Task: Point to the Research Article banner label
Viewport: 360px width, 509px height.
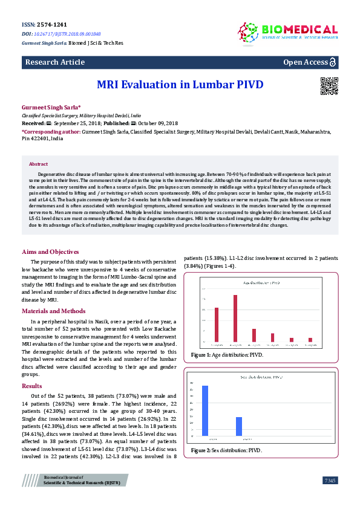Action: [x=54, y=62]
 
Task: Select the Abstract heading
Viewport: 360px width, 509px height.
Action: [x=39, y=164]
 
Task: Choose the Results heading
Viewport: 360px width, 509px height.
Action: [x=32, y=385]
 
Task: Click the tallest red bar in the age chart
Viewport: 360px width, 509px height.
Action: [x=235, y=318]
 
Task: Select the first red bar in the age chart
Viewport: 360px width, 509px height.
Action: [x=217, y=325]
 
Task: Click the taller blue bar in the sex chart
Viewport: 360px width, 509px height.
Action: [x=205, y=410]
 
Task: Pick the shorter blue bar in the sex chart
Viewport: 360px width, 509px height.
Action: [x=239, y=426]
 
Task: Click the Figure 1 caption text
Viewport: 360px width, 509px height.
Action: [x=227, y=355]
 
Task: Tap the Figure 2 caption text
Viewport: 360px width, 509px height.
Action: [x=227, y=451]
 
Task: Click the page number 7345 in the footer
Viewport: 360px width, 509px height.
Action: [x=330, y=480]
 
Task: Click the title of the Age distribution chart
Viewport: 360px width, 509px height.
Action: [x=261, y=282]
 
